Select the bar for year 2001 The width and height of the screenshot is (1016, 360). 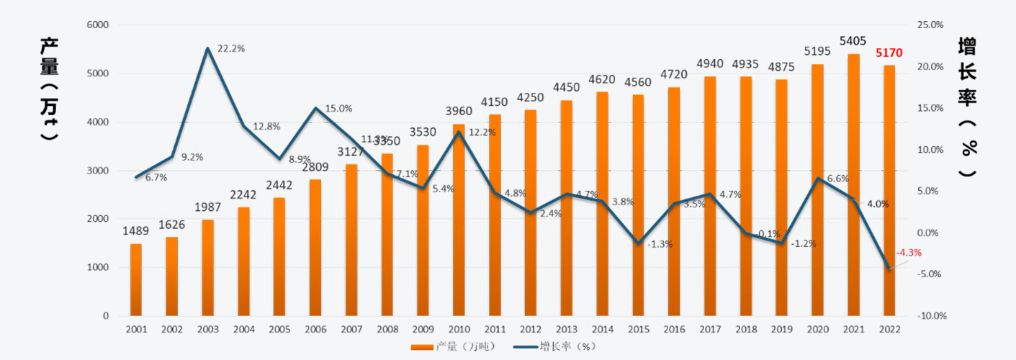point(136,280)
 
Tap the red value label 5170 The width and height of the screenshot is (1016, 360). point(889,53)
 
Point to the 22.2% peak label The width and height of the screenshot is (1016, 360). point(231,49)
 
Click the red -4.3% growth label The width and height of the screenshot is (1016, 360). point(909,253)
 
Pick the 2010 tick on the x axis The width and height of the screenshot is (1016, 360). point(459,329)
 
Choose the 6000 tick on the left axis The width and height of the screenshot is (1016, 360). point(97,24)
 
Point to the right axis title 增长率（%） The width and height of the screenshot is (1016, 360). point(969,108)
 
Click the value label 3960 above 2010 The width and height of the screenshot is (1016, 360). point(459,112)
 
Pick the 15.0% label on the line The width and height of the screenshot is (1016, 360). point(338,109)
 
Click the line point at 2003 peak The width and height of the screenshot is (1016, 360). point(208,48)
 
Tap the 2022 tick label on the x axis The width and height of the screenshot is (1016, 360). point(889,329)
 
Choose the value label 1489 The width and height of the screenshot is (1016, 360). point(136,231)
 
